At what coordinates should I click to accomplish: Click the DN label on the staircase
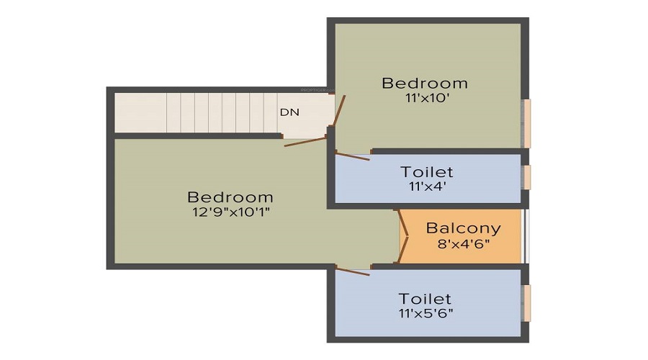click(289, 112)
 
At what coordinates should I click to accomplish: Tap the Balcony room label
click(463, 229)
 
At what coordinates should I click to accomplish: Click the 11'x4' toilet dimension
click(427, 186)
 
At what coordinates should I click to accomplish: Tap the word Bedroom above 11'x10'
click(425, 83)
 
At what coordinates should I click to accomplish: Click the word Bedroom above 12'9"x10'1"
click(230, 197)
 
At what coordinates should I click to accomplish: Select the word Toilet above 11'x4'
click(427, 172)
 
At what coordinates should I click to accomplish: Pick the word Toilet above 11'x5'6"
click(427, 298)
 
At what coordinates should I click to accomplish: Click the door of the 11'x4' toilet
click(352, 156)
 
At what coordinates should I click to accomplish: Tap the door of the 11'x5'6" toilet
click(352, 270)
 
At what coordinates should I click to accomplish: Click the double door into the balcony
click(404, 235)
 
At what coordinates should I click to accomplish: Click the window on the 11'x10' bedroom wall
click(527, 123)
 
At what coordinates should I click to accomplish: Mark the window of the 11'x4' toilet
click(527, 177)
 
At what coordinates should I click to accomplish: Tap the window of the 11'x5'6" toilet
click(527, 303)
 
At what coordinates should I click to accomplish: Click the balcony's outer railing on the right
click(526, 237)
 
